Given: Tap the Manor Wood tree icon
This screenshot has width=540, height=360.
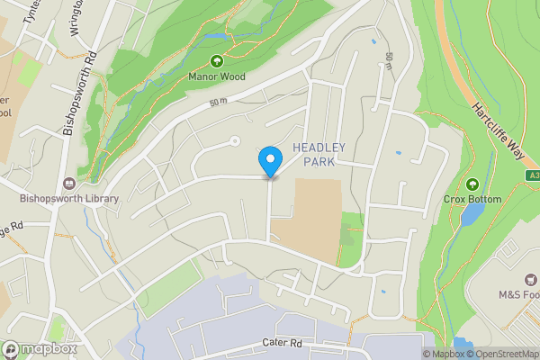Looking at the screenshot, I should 217,61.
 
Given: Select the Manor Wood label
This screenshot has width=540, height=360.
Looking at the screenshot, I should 217,77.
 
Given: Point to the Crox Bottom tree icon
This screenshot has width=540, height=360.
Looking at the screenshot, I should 472,184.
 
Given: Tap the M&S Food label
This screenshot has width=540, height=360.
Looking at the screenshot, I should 519,294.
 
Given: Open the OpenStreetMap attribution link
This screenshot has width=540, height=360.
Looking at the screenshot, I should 504,354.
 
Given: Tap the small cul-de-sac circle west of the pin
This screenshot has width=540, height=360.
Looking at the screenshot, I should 235,140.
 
